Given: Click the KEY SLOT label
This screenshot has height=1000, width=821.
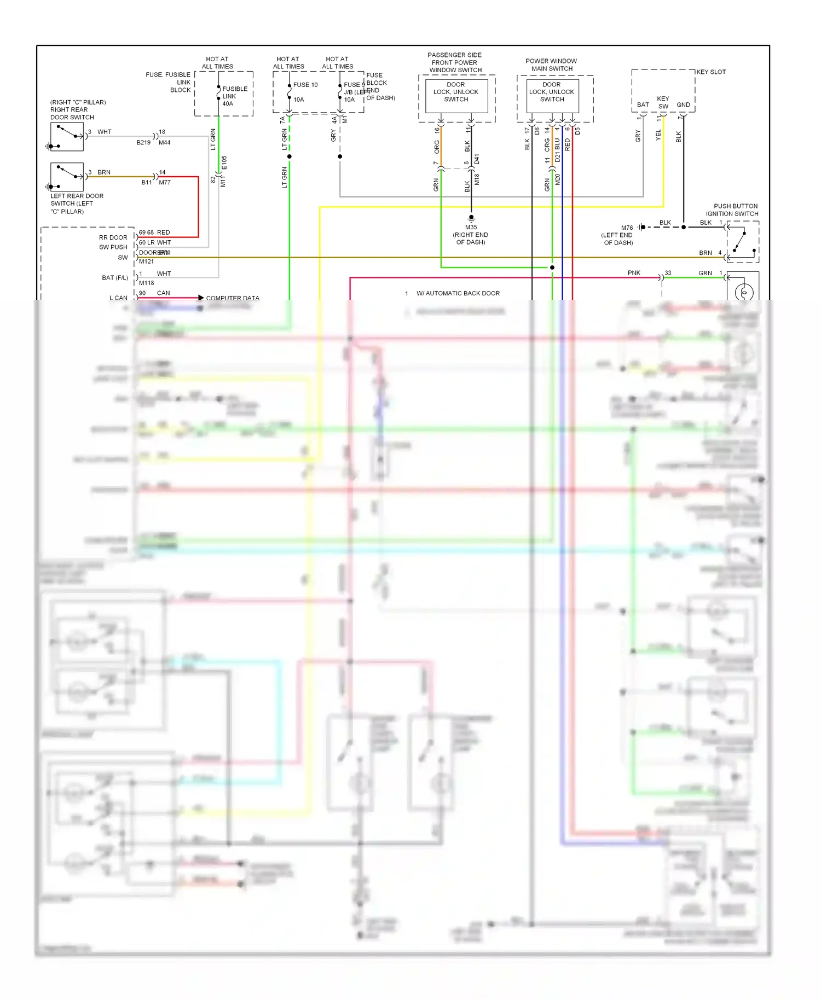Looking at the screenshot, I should coord(711,72).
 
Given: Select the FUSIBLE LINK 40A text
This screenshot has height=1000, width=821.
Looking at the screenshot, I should coord(234,96).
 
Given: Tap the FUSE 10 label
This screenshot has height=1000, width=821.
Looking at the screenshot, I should coord(305,85).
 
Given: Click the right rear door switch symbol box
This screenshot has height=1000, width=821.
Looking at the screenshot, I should coord(67,137).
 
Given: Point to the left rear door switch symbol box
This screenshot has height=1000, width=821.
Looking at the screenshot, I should coord(67,177).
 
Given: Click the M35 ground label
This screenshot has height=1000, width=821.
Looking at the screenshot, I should coord(471,227).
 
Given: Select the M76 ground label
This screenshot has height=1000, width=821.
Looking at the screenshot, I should coord(627,228).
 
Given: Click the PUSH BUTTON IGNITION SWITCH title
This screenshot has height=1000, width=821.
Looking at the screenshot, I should coord(732,210).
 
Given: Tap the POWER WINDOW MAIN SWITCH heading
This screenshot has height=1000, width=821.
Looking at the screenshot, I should coord(552,65).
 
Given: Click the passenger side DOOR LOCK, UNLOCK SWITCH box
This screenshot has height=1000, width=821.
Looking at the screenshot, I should coord(456,96).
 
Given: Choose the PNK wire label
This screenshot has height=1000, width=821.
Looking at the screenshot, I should coord(634,272).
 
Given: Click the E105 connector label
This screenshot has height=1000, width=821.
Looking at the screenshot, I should coord(224,162).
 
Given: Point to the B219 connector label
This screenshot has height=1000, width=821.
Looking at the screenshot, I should coord(143,142).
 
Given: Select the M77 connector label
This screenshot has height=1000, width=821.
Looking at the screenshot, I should coord(165,183).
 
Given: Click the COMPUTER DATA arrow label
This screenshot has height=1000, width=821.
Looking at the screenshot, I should coord(233,298).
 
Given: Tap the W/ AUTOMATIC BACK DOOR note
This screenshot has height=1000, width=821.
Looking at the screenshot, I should coord(458,293).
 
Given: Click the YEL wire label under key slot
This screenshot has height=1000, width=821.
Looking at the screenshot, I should coord(658,135).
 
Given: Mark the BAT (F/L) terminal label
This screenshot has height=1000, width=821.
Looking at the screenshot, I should coord(114,278).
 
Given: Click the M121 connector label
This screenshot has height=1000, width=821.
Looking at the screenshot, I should coord(146,261).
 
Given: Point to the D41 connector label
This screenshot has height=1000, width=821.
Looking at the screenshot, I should coord(477,159).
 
